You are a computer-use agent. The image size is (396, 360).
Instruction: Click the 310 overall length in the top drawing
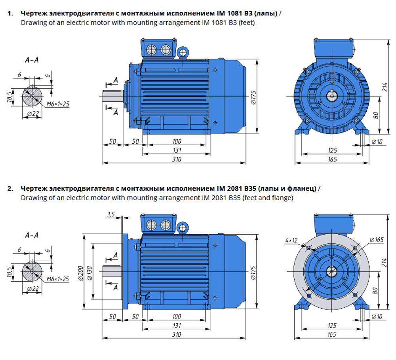coord(177,159)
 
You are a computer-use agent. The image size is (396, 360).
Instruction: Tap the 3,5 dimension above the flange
coord(110,214)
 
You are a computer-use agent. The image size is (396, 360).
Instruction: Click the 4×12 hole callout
coord(291,240)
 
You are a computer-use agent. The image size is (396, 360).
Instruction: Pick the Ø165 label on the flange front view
coord(377,240)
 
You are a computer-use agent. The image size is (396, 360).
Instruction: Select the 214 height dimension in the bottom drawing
coord(384,263)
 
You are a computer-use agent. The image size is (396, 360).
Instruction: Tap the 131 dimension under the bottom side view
coord(177,325)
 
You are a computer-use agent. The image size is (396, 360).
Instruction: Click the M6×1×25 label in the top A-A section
coord(58,104)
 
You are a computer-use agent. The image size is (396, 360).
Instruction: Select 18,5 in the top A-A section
coord(10,96)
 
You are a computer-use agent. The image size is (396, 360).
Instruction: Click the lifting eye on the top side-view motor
coord(183,52)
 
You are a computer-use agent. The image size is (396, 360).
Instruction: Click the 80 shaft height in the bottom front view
coord(376,291)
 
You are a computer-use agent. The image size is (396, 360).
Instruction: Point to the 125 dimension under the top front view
coord(332,150)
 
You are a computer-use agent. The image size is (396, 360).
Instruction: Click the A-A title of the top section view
coord(32,60)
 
